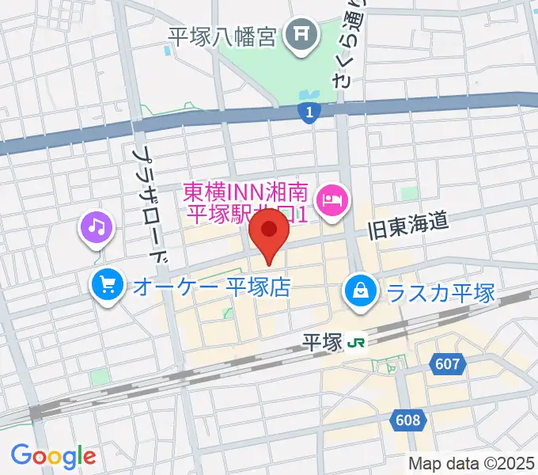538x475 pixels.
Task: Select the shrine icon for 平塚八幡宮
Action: (x=301, y=33)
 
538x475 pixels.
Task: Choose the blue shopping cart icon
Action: (x=105, y=285)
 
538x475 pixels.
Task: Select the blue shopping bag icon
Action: (x=360, y=292)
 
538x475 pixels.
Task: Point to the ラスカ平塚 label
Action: (x=441, y=293)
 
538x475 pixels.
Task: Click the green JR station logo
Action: (x=359, y=343)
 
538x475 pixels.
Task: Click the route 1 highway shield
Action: (x=310, y=113)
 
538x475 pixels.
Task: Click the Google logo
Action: (x=53, y=455)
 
